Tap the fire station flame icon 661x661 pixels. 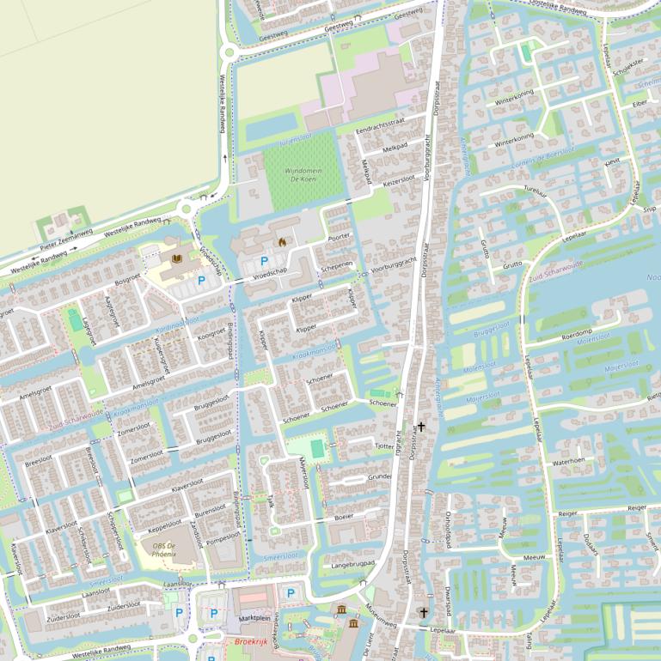click(281, 243)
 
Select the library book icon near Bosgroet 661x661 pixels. click(175, 258)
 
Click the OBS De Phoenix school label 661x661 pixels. click(164, 549)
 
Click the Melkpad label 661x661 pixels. click(395, 148)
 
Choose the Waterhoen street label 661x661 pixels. click(568, 461)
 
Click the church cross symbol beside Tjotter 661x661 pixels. click(421, 426)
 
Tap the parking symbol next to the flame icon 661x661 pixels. click(264, 260)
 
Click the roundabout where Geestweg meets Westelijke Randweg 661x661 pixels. click(229, 52)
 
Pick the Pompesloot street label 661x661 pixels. click(224, 538)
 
